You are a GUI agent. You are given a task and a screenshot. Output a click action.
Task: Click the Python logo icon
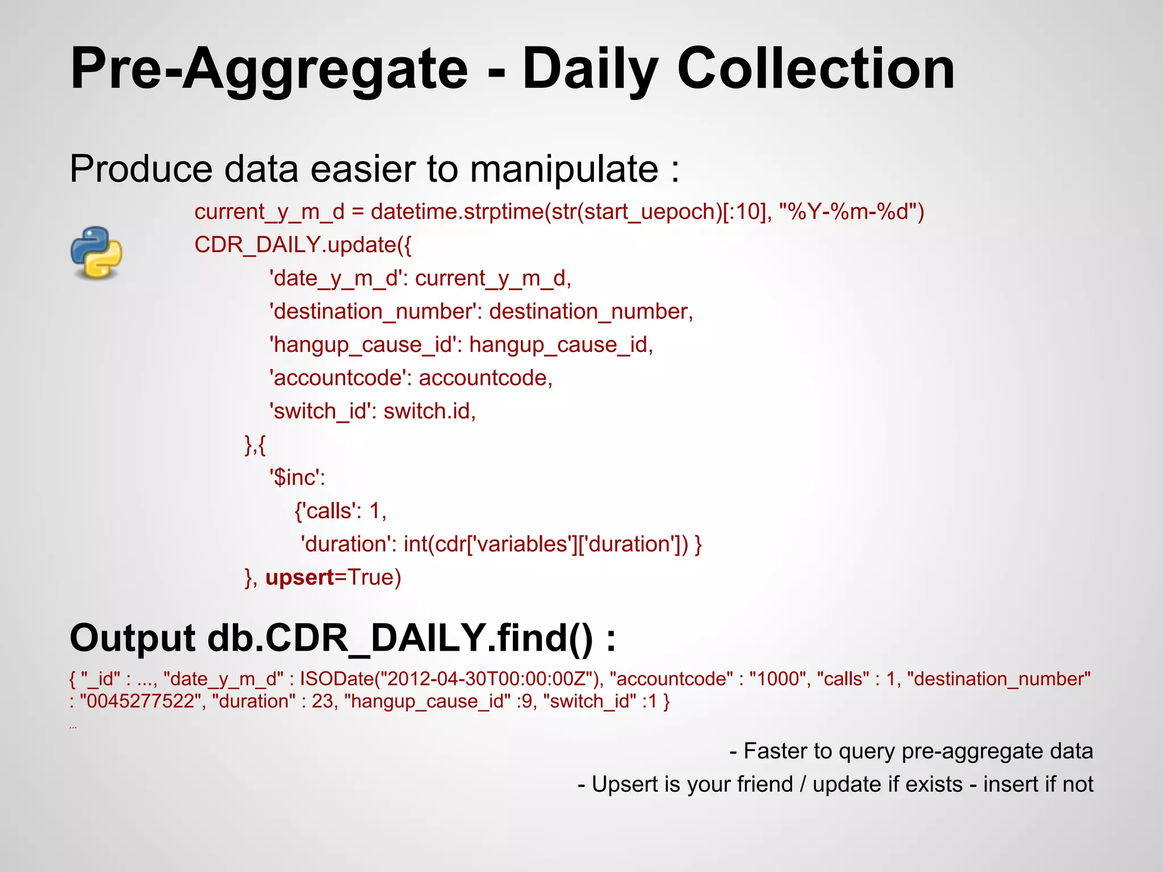point(97,253)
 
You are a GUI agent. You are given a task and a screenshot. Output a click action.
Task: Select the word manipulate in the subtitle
point(564,169)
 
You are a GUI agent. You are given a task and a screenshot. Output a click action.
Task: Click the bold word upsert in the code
point(300,577)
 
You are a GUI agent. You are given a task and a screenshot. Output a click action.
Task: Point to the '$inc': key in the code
point(297,477)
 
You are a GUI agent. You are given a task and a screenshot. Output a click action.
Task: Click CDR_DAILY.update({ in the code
point(303,245)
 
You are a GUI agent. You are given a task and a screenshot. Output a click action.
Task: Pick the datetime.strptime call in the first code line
point(457,212)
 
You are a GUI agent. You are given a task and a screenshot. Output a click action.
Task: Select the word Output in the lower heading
point(132,638)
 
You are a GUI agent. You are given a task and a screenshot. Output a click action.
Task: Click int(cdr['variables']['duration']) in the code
point(546,544)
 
